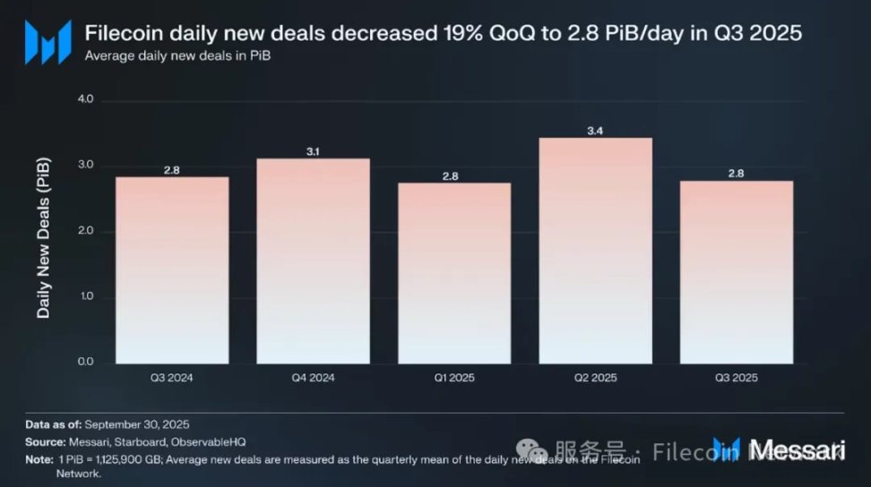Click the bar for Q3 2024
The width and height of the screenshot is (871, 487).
point(172,269)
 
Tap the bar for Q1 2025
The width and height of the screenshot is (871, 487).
point(454,272)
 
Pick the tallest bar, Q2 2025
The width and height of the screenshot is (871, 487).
point(595,251)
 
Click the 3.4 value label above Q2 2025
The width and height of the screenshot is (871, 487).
point(595,131)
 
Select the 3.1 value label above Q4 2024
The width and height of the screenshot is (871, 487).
point(313,151)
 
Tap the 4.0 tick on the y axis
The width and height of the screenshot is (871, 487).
point(85,100)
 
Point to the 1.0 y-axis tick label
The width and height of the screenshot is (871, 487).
point(85,297)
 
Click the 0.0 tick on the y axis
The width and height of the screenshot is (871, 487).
point(85,363)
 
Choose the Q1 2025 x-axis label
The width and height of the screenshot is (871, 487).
point(454,378)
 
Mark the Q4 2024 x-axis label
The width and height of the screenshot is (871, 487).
point(313,378)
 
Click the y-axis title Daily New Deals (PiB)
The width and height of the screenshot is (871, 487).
point(44,238)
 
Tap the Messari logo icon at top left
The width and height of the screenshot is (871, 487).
point(47,41)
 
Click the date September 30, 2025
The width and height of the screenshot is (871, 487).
point(140,424)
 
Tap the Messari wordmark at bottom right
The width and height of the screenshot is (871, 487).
point(796,449)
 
